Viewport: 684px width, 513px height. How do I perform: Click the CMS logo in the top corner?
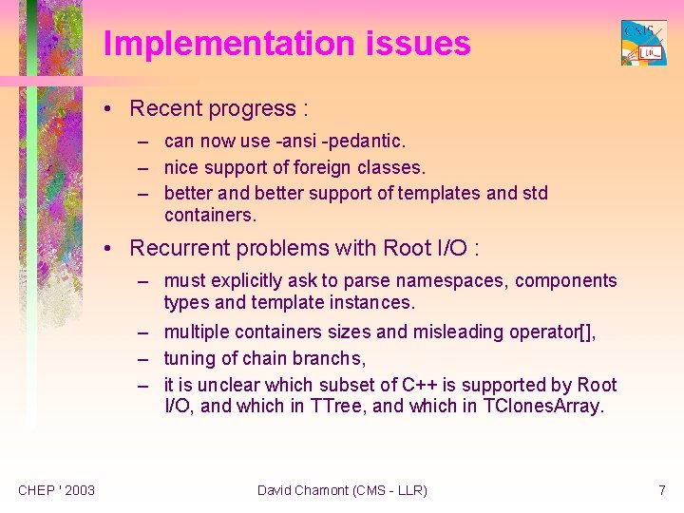(643, 43)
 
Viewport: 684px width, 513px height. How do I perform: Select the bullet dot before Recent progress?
(112, 109)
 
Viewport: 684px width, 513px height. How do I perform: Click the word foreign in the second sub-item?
(326, 168)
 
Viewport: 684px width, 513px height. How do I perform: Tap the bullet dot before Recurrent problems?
(112, 249)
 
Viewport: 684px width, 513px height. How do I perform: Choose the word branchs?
(332, 358)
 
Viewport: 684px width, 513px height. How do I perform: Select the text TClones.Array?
(543, 408)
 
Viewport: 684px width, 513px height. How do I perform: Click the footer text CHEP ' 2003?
(56, 490)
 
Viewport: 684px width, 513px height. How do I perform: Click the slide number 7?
(661, 490)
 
